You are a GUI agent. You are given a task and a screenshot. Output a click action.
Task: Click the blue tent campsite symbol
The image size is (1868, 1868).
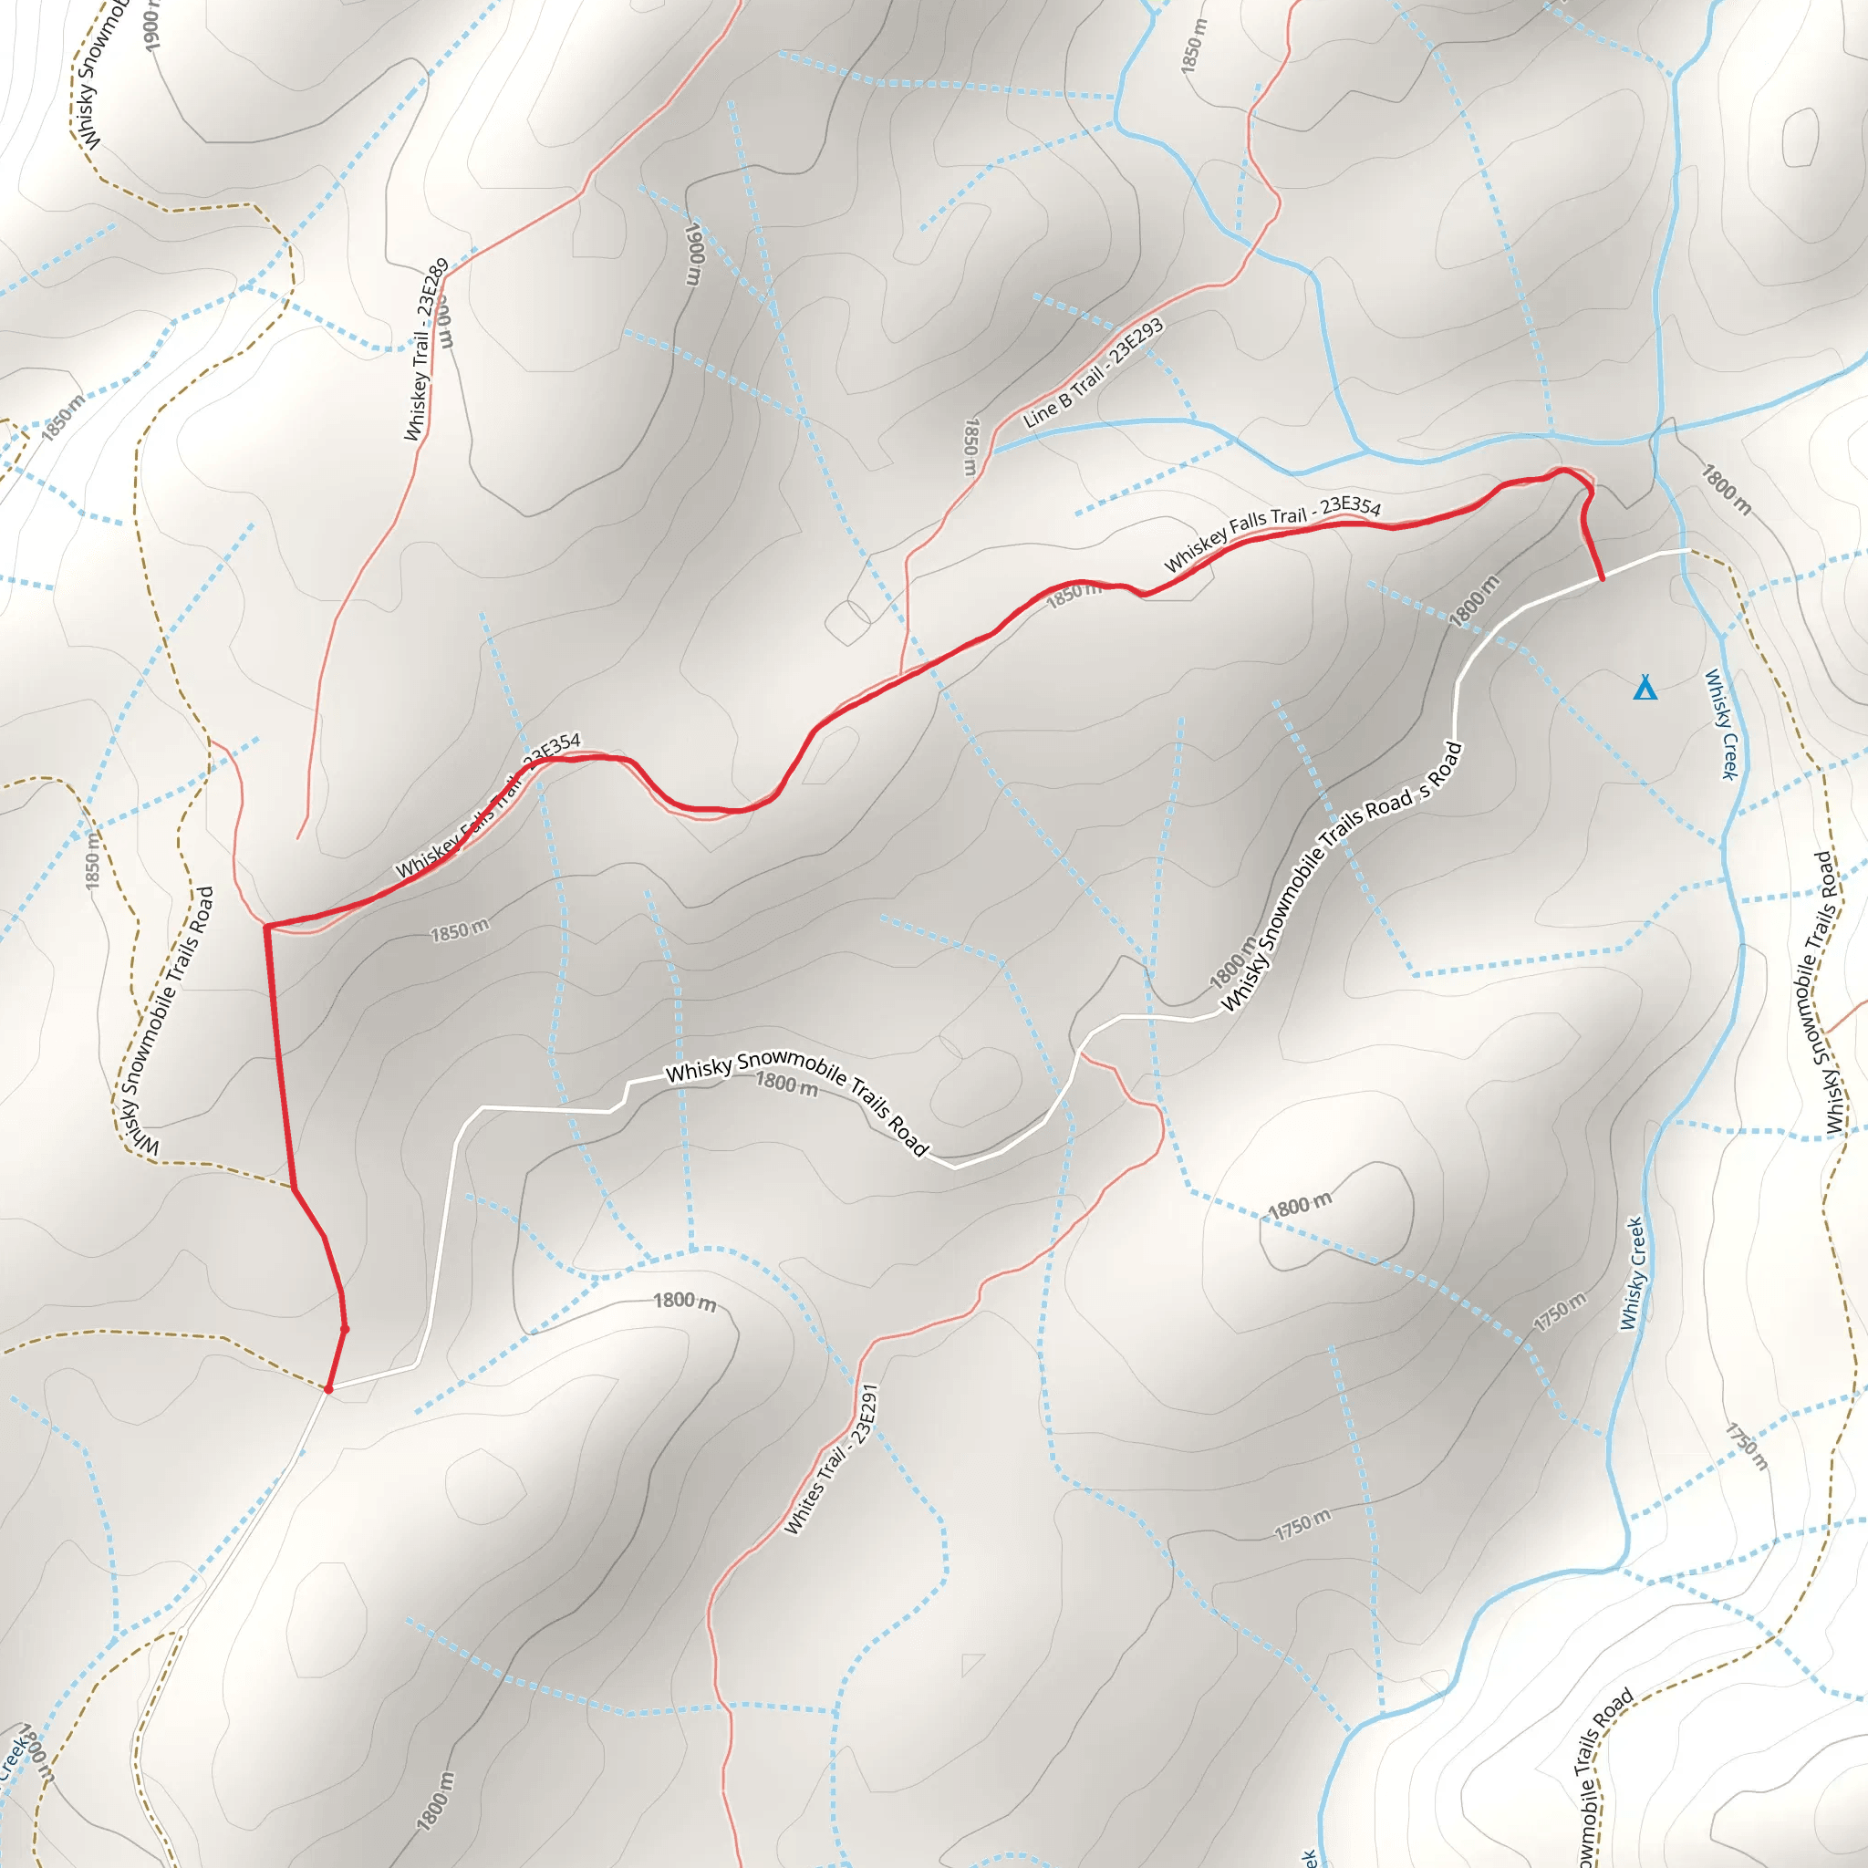click(x=1645, y=688)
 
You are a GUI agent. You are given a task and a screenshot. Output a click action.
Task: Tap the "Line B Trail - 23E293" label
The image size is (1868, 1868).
click(x=1094, y=373)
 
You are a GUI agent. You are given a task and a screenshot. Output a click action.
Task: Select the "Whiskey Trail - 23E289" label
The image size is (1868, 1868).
click(x=426, y=349)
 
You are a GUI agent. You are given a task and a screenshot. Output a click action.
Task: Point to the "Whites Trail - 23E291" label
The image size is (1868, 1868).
click(x=830, y=1459)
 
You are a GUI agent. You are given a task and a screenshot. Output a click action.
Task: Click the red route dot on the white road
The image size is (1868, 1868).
click(x=328, y=1388)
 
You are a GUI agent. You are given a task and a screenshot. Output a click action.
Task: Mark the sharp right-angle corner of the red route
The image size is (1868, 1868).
click(x=267, y=928)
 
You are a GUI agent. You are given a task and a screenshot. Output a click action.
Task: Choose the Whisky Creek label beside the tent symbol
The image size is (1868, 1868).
click(x=1721, y=724)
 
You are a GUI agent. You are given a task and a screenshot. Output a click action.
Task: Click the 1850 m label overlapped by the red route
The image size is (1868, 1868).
click(x=1074, y=595)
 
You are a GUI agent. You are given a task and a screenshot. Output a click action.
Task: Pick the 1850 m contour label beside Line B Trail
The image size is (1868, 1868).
click(x=970, y=447)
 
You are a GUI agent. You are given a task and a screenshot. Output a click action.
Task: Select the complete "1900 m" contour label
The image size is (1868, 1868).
click(x=693, y=254)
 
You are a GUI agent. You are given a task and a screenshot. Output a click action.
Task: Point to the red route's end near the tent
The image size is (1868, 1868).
click(x=1602, y=579)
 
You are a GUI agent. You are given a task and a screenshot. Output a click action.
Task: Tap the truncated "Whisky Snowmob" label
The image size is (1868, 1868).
click(x=103, y=76)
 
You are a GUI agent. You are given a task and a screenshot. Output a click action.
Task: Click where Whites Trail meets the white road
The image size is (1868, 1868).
click(x=1080, y=1053)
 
